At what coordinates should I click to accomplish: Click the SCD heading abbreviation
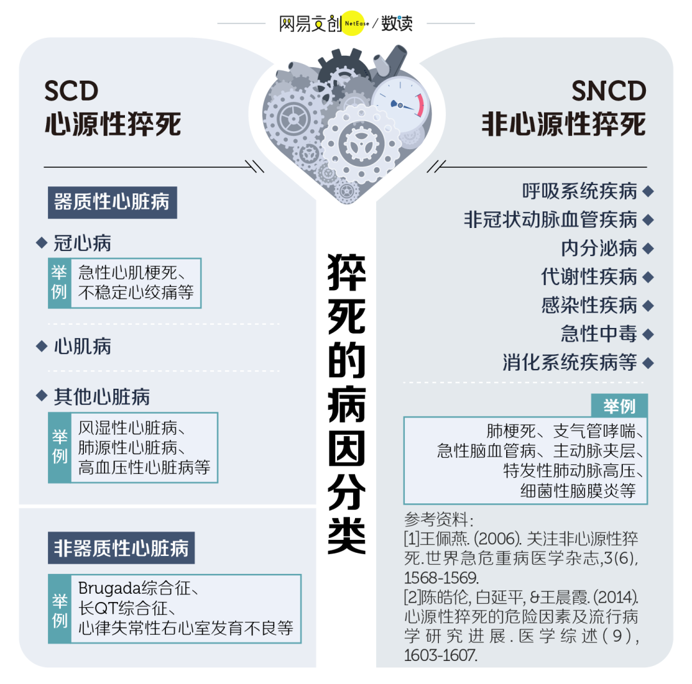(x=71, y=91)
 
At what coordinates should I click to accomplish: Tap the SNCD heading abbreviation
(x=609, y=91)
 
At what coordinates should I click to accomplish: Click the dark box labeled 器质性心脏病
(x=113, y=202)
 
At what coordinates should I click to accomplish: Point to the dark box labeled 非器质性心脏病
(x=121, y=548)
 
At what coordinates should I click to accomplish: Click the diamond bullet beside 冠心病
(x=42, y=243)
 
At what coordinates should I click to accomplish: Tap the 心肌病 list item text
(x=83, y=346)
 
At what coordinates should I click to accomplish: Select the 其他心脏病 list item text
(x=102, y=397)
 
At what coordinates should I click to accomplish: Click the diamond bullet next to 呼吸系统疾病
(x=648, y=191)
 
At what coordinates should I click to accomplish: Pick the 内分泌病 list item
(x=599, y=248)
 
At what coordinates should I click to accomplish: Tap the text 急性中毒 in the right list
(x=599, y=334)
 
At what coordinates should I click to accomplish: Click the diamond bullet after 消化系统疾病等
(x=648, y=363)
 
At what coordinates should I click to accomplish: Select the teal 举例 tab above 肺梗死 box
(x=619, y=406)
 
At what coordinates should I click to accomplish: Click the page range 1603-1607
(x=440, y=655)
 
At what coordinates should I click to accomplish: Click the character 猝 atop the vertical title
(x=347, y=272)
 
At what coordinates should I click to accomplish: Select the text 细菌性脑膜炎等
(x=578, y=491)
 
